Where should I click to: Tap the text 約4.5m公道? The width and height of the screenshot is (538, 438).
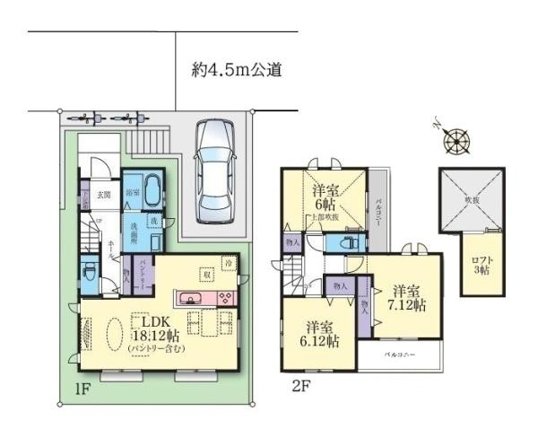pos(237,69)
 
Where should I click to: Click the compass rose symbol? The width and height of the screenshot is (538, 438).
pos(458,140)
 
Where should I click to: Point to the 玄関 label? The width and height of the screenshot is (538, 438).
pos(104,195)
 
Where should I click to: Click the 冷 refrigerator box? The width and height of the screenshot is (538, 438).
pos(230,264)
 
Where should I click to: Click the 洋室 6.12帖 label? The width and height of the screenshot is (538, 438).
pos(320,335)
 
